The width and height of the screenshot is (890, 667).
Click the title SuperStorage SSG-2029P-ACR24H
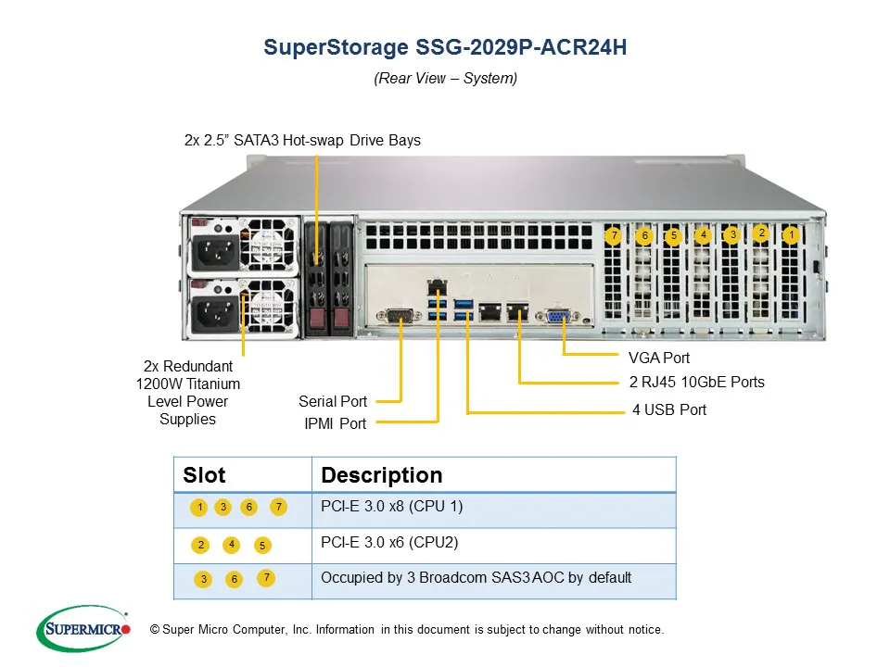pyautogui.click(x=445, y=47)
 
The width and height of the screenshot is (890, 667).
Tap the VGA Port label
pyautogui.click(x=658, y=358)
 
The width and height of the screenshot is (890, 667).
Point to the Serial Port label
pyautogui.click(x=333, y=401)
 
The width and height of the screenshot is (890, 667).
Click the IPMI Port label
pyautogui.click(x=336, y=423)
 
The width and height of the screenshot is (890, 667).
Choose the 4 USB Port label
pyautogui.click(x=669, y=409)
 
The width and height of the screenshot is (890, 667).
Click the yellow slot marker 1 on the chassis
pyautogui.click(x=790, y=235)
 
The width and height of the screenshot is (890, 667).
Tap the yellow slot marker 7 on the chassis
pyautogui.click(x=613, y=235)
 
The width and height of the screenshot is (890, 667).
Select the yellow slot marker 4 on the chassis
pyautogui.click(x=704, y=234)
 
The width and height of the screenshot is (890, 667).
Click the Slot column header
pyautogui.click(x=204, y=475)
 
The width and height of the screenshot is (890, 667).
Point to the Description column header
pyautogui.click(x=381, y=475)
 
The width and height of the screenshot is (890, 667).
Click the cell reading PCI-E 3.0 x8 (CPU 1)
pyautogui.click(x=391, y=507)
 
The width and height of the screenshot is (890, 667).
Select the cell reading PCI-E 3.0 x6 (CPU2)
pyautogui.click(x=389, y=542)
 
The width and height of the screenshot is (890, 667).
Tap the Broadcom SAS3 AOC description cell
pyautogui.click(x=476, y=578)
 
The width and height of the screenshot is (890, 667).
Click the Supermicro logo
pyautogui.click(x=83, y=628)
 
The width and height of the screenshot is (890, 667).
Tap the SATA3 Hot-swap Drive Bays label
pyautogui.click(x=302, y=141)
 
